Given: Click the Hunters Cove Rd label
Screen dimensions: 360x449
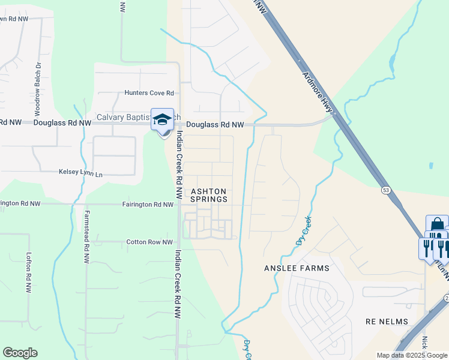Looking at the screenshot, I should coord(149,93).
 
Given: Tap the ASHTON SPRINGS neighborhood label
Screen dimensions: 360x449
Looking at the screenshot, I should coord(209,195).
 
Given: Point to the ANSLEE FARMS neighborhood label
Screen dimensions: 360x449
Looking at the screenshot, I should coord(297,268).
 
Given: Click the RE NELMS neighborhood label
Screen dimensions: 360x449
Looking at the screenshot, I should coord(387,322).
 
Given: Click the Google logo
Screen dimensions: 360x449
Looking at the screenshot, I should coord(20,353).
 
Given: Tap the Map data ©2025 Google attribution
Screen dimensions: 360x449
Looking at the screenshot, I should coord(412,355).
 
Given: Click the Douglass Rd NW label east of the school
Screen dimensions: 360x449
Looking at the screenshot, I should coord(215,125).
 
